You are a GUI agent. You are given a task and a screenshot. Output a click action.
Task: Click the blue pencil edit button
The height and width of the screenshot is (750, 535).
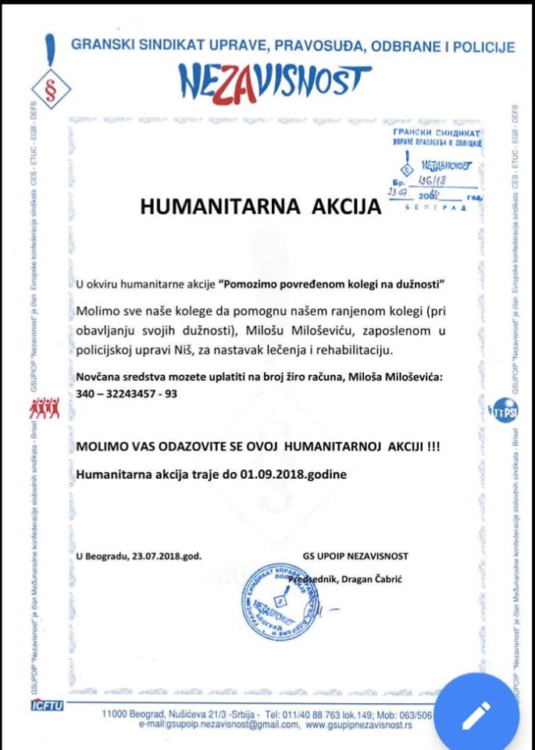coord(475,712)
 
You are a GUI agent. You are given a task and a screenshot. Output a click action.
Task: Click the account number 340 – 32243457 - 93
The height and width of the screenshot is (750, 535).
coord(127,394)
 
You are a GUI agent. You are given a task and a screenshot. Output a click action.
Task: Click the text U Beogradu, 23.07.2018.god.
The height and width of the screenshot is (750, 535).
coord(139,557)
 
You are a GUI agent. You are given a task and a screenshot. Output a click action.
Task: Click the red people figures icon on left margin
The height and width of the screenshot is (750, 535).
coord(45,407)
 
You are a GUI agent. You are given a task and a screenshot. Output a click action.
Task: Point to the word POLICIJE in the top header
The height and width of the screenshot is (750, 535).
coord(483,46)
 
